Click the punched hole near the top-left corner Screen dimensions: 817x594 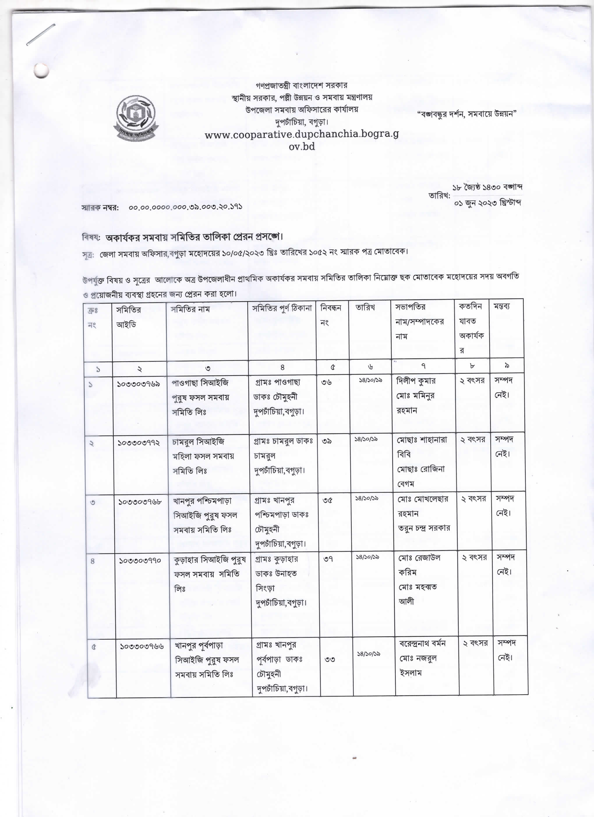coord(41,71)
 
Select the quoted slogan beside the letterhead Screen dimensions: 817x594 coord(467,114)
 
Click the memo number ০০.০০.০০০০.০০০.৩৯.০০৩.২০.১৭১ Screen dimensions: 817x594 coord(186,207)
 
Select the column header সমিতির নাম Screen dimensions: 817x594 coord(190,309)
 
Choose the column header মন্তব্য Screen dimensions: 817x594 coord(502,306)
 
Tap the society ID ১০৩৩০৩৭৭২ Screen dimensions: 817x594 coord(139,442)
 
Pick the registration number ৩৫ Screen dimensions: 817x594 coord(327,500)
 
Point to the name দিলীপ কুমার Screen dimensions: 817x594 coord(416,381)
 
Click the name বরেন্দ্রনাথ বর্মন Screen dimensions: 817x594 coord(422,643)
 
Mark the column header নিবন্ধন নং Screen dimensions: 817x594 coord(330,315)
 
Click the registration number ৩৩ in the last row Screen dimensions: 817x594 coord(329,659)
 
